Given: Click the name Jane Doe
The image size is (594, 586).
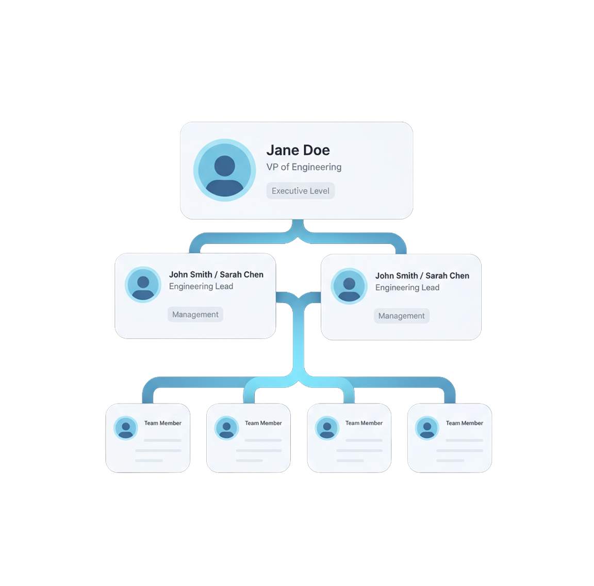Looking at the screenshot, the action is (x=298, y=150).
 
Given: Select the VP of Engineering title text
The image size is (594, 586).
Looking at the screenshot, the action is (x=304, y=167).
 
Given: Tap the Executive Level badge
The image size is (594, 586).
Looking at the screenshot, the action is (x=301, y=191).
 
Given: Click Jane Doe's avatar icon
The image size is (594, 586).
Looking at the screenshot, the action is (x=225, y=170).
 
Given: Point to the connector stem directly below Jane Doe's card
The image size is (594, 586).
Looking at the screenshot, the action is (x=298, y=226).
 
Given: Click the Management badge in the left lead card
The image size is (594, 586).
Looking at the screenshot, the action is (x=195, y=314).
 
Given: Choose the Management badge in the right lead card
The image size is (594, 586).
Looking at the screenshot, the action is (x=402, y=316).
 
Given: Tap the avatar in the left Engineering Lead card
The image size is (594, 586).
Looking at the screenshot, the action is (x=143, y=284).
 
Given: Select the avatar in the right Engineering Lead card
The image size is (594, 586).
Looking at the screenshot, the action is (x=349, y=286).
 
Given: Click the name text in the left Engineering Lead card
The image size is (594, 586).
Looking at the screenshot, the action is (x=217, y=274).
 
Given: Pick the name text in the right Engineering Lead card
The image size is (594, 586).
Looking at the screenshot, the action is (x=422, y=275).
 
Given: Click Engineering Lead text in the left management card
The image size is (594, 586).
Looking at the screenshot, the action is (x=201, y=286).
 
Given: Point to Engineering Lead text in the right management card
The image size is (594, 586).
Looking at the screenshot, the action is (x=407, y=287).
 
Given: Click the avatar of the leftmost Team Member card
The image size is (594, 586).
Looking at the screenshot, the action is (x=126, y=428).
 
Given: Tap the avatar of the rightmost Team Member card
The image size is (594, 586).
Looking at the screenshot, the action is (x=427, y=428).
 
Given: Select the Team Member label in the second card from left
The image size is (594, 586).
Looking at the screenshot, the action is (x=263, y=423).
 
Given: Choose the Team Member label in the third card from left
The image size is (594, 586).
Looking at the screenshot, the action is (x=364, y=423).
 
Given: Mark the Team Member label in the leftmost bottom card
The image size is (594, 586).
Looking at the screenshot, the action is (x=163, y=423).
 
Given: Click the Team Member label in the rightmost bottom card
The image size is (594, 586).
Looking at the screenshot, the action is (x=465, y=423).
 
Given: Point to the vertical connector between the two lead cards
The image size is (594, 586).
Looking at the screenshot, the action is (x=299, y=337).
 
